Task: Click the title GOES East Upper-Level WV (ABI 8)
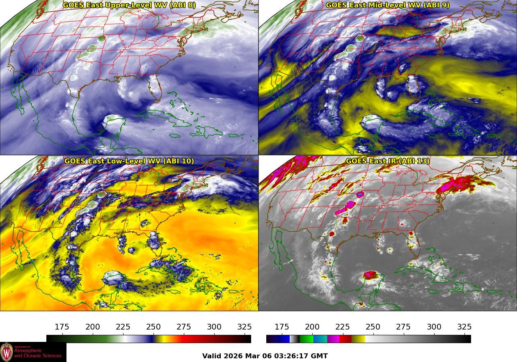click(129, 5)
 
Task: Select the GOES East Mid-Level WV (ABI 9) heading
click(387, 5)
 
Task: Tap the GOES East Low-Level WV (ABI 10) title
click(129, 161)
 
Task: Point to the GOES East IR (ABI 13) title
click(387, 161)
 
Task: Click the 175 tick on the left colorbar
click(62, 327)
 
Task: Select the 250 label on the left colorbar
click(153, 327)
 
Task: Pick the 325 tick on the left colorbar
click(245, 327)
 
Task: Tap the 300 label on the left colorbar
click(214, 327)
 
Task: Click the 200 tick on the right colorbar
click(312, 327)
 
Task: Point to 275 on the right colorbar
click(403, 327)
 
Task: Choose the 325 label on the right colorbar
click(464, 327)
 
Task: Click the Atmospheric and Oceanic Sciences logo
click(33, 352)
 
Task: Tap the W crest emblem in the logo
click(7, 352)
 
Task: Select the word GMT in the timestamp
click(319, 356)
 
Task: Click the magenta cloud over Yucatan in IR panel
click(371, 274)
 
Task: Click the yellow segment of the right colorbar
click(358, 339)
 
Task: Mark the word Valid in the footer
click(212, 356)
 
